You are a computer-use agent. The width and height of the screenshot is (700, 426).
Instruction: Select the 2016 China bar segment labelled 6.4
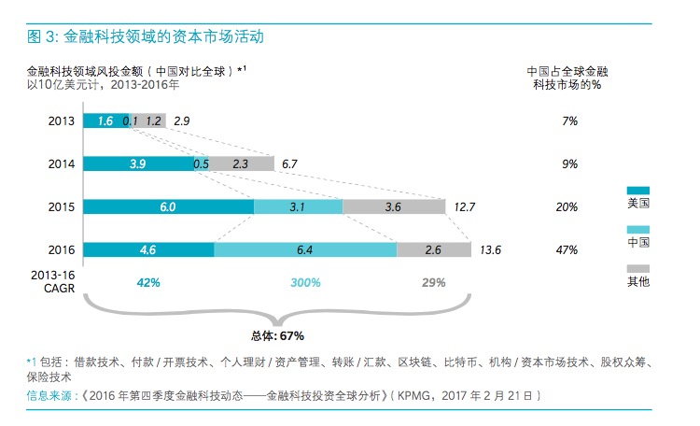305,249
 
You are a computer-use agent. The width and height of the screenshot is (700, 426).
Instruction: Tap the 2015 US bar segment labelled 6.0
168,206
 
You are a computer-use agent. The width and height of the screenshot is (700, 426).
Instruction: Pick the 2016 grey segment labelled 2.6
433,249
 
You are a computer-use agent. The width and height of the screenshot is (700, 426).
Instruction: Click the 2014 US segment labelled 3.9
136,163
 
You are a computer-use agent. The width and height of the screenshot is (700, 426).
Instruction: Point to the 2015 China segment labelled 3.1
298,206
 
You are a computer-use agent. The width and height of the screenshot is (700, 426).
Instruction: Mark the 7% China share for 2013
569,121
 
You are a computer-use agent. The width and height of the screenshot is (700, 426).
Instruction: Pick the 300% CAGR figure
305,282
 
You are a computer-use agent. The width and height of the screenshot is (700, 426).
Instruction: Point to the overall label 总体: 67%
277,335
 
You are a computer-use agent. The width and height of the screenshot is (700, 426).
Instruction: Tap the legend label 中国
638,242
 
